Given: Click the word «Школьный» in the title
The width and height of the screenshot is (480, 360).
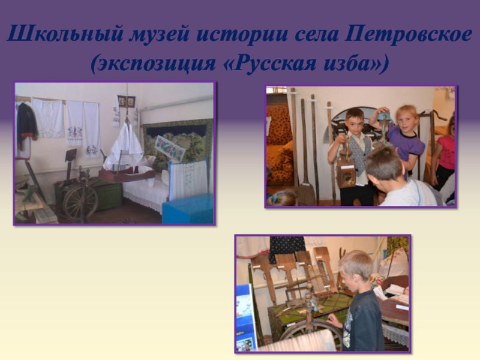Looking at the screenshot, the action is click(x=65, y=34).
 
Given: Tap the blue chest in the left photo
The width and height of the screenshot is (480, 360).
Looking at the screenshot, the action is click(x=188, y=209).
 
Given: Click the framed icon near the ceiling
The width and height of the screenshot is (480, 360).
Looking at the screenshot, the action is click(x=127, y=101).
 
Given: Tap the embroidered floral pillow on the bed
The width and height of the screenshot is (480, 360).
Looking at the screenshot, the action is click(x=170, y=148).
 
